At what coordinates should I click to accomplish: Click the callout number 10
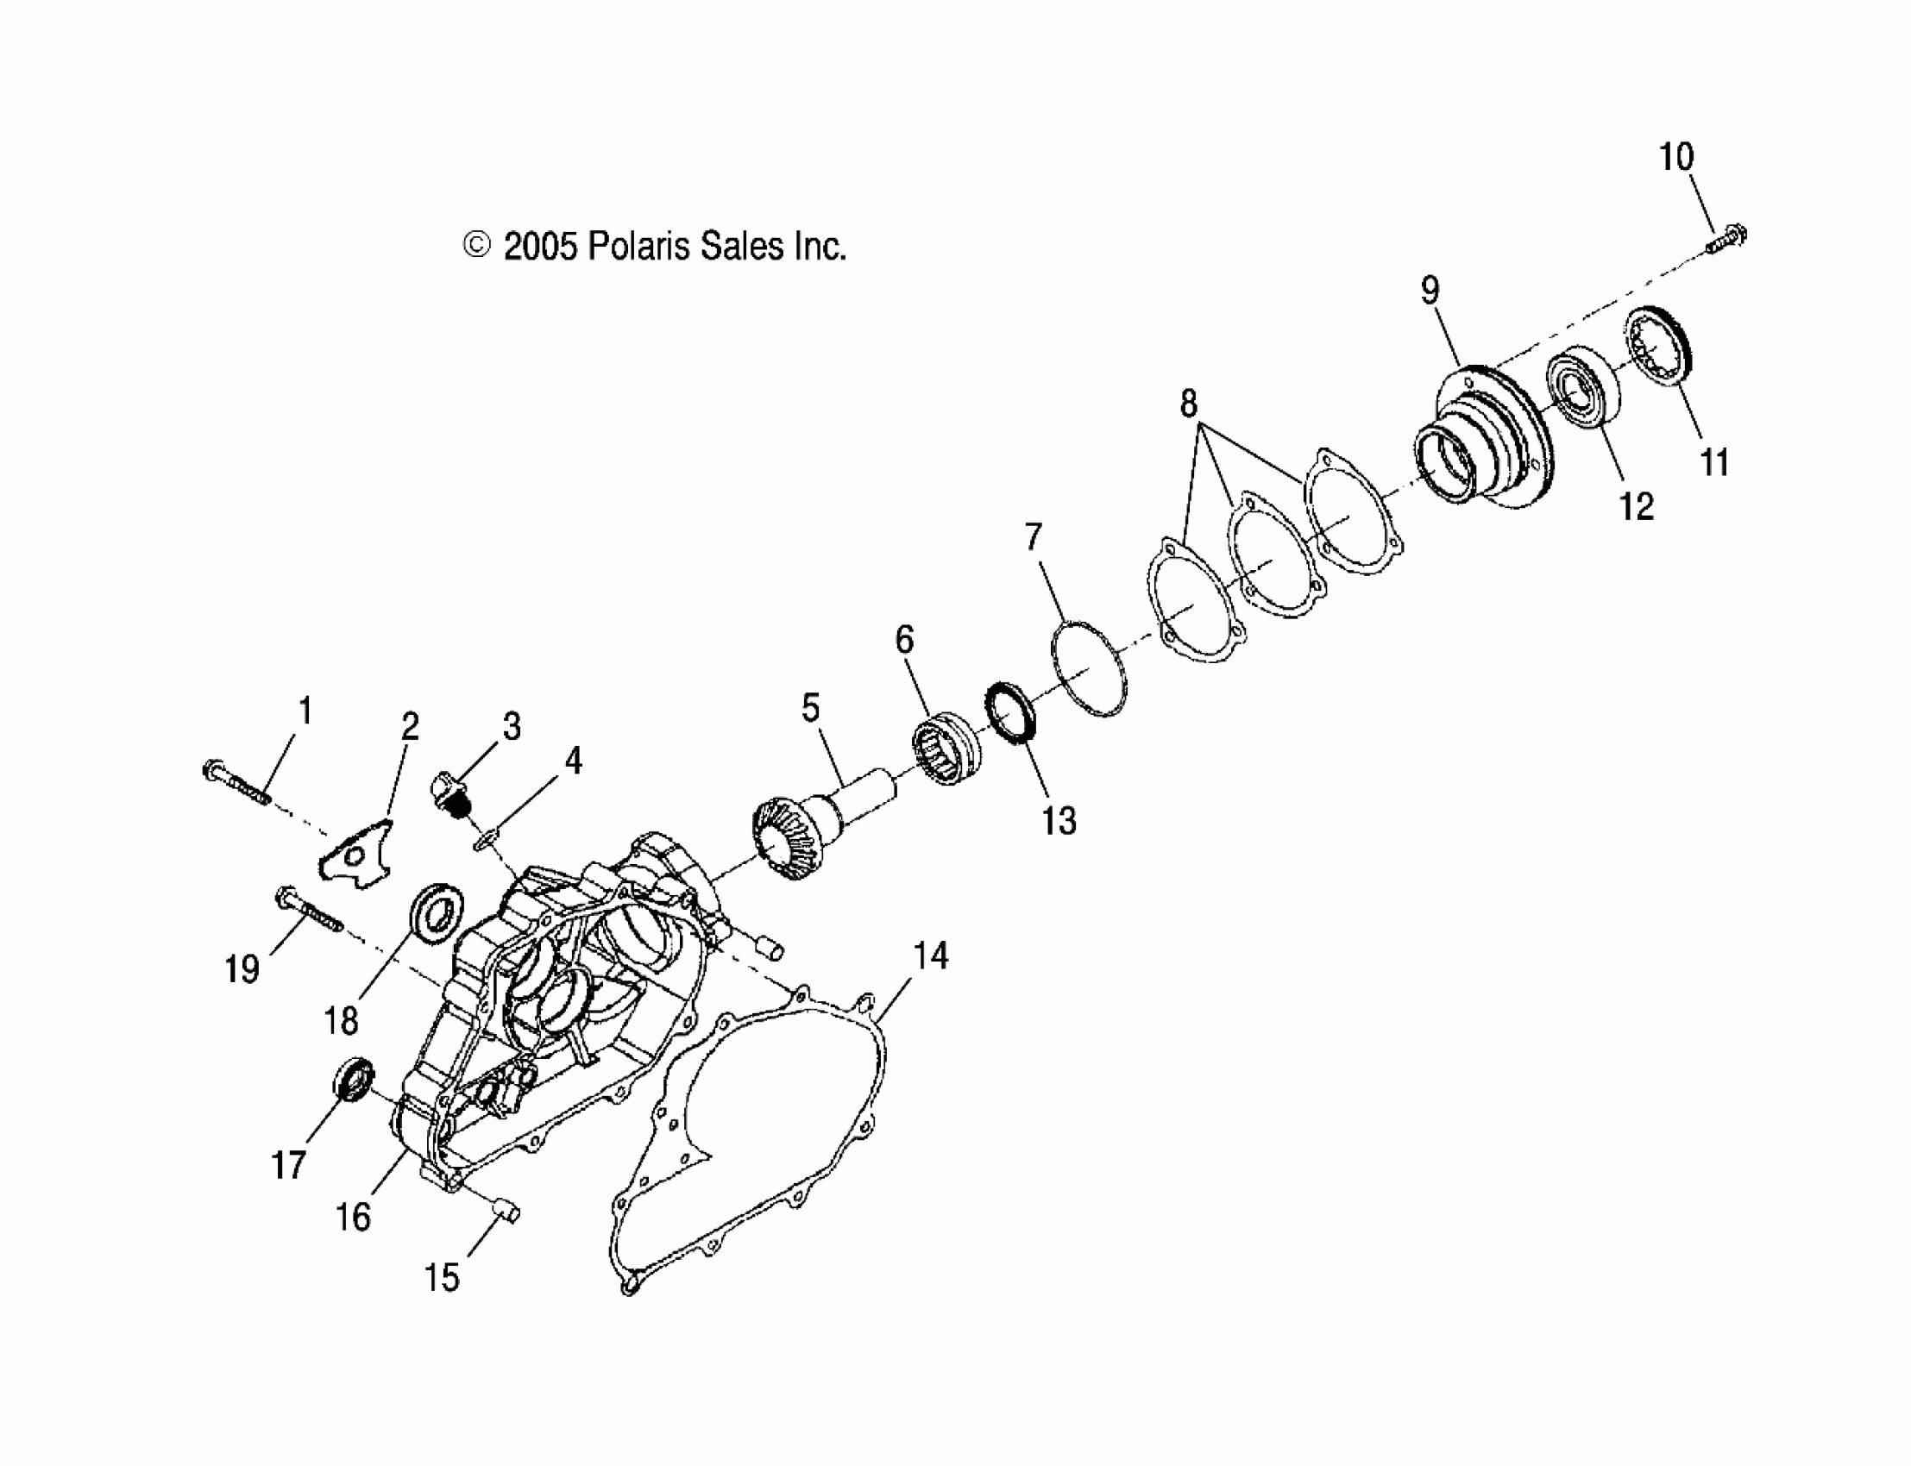(1675, 157)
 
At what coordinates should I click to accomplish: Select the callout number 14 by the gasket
(931, 956)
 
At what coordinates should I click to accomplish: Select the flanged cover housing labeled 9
(1484, 436)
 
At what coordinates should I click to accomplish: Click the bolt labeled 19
(308, 910)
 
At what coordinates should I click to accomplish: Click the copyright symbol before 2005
(475, 246)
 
